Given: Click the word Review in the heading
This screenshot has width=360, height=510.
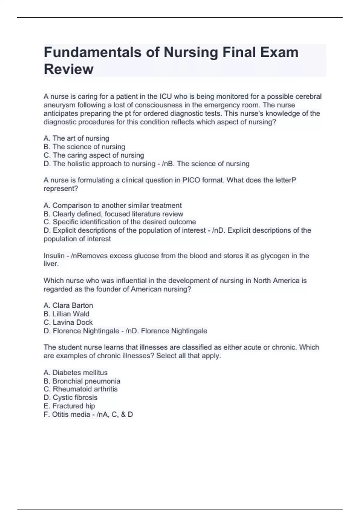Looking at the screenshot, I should pyautogui.click(x=68, y=69).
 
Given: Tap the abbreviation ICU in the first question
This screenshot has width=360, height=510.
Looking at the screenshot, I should pyautogui.click(x=166, y=97).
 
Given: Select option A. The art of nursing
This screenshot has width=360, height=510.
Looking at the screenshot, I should pyautogui.click(x=76, y=138).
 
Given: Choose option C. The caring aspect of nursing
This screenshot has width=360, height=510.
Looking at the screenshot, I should pyautogui.click(x=94, y=155).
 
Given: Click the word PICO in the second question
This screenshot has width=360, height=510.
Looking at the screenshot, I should pyautogui.click(x=191, y=180).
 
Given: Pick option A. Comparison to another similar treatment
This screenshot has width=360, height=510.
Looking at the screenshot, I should pyautogui.click(x=112, y=205).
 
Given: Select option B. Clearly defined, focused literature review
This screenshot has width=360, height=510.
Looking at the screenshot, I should pyautogui.click(x=113, y=214).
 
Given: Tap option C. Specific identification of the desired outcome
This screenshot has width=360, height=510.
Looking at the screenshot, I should pyautogui.click(x=120, y=222).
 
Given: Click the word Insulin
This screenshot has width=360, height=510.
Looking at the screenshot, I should pyautogui.click(x=54, y=256).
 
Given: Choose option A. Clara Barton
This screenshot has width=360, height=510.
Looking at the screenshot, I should pyautogui.click(x=68, y=305).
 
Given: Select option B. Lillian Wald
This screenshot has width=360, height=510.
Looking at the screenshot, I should pyautogui.click(x=66, y=314).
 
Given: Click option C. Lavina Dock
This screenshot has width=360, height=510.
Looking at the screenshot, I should pyautogui.click(x=68, y=322).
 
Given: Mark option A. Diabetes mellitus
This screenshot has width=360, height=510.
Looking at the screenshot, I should pyautogui.click(x=75, y=373).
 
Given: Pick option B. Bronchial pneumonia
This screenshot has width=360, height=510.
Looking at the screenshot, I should pyautogui.click(x=82, y=381).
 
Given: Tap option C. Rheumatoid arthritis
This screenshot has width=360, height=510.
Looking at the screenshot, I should pyautogui.click(x=80, y=389).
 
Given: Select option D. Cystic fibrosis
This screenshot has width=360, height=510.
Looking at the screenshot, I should pyautogui.click(x=70, y=397).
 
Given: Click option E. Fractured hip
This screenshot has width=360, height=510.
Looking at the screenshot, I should pyautogui.click(x=69, y=406).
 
